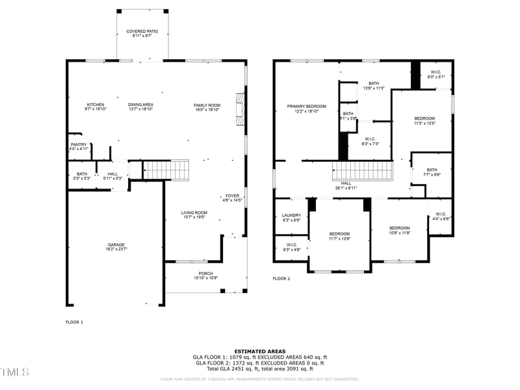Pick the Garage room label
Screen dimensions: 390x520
point(116,246)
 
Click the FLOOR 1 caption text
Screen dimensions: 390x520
point(75,322)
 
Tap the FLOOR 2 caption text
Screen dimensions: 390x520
point(281,278)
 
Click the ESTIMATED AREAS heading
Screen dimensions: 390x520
point(260,351)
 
